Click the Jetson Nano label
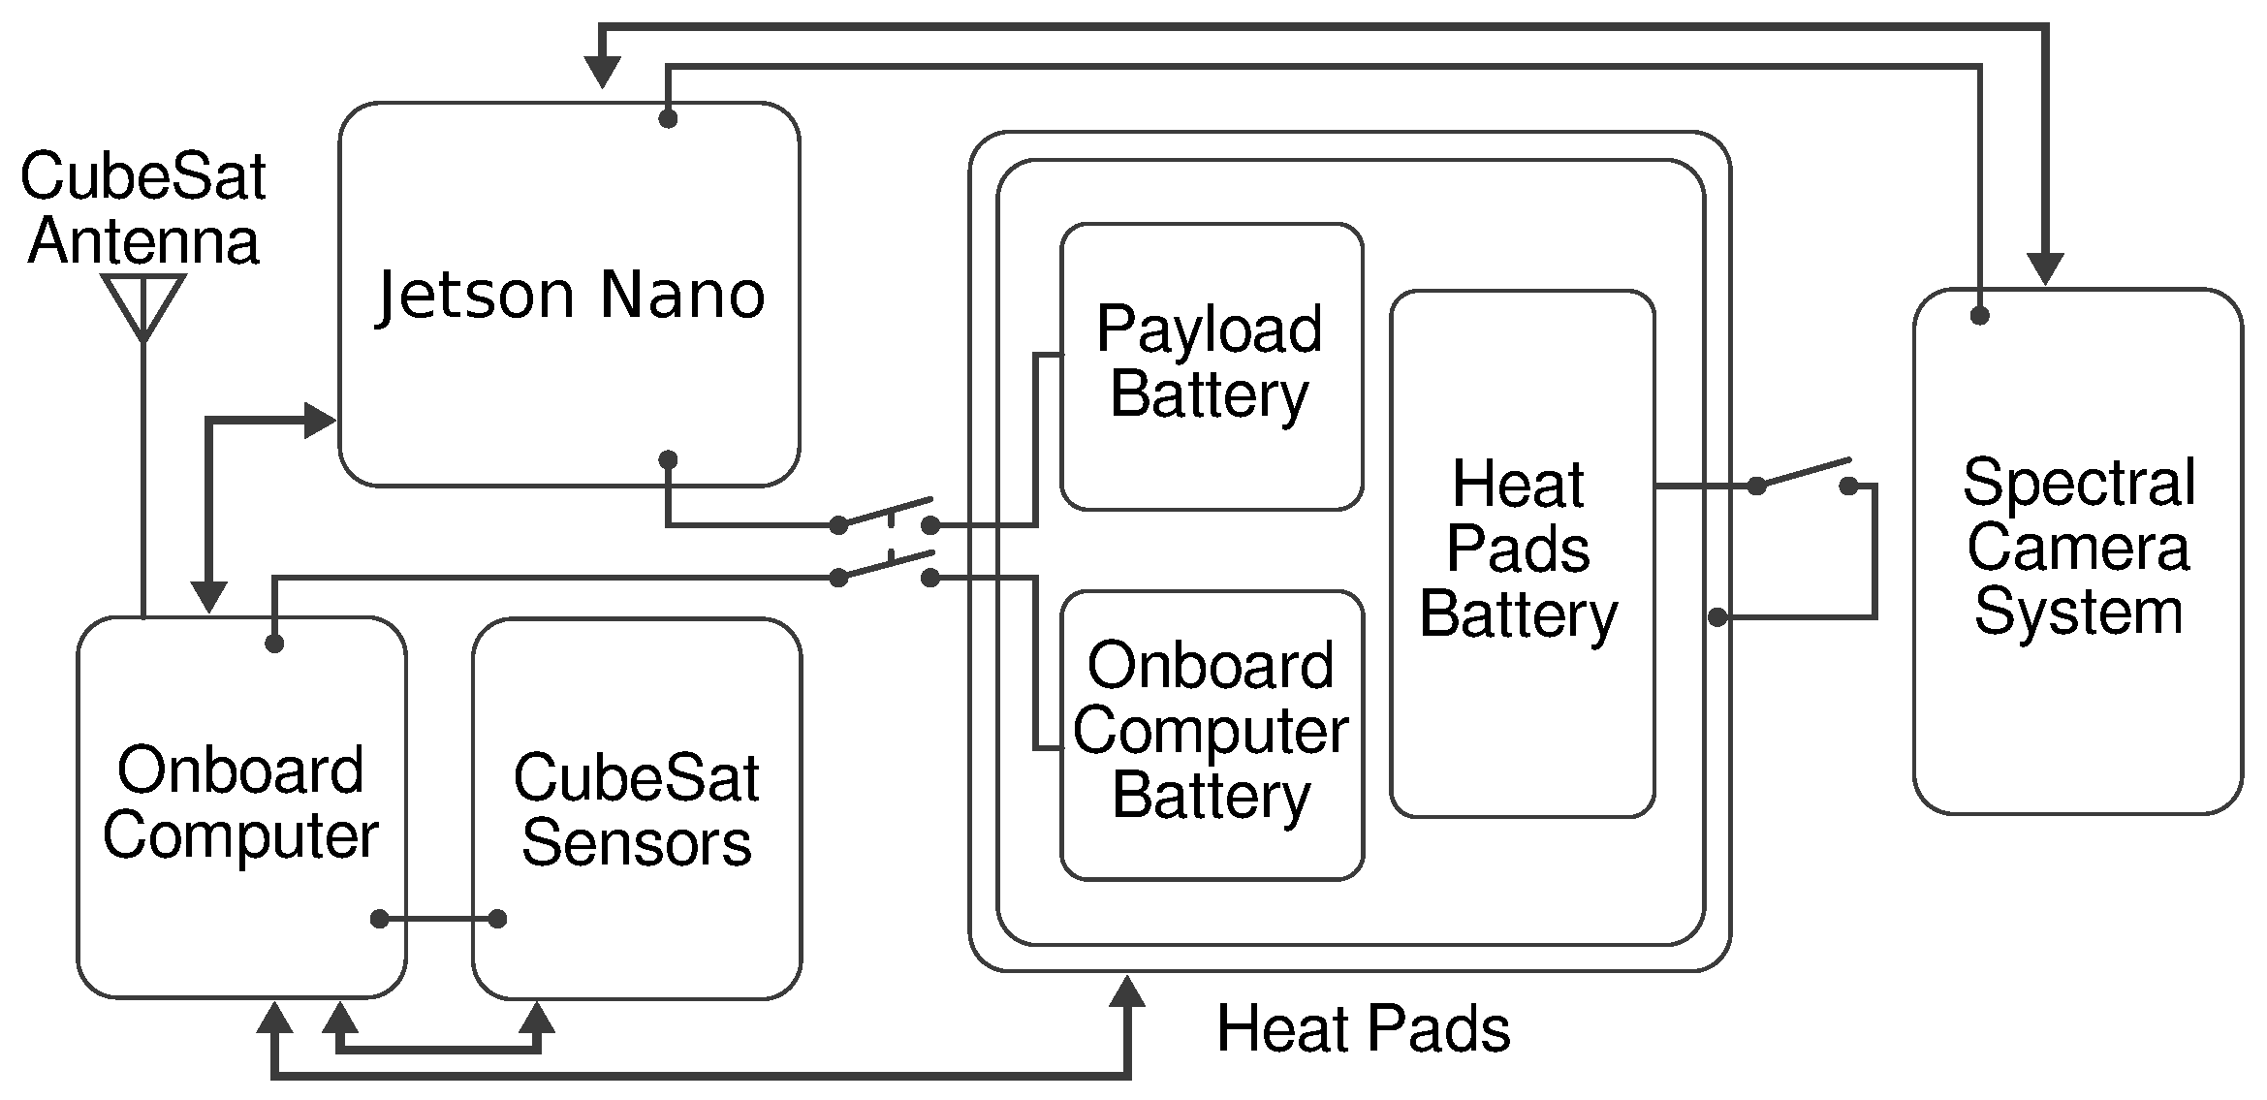coord(570,296)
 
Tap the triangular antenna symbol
coord(143,303)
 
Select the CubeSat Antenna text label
coord(143,208)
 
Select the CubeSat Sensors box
coord(637,810)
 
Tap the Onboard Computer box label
coord(240,802)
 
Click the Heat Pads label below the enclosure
coord(1363,1028)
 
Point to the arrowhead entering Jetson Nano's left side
coord(319,420)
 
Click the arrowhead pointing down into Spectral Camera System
coord(2045,268)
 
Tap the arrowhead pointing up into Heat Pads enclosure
coord(1126,993)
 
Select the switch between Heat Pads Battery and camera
coord(1803,477)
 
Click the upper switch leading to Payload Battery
coord(884,514)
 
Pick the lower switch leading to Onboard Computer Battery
coord(884,567)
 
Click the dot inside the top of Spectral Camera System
coord(1979,316)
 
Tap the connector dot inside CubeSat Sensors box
coord(497,919)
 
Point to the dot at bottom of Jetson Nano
coord(668,459)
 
